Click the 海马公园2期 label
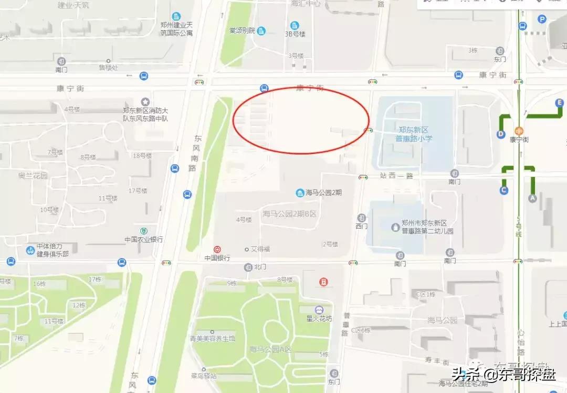[323, 193]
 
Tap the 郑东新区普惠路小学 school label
[414, 135]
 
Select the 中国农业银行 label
[143, 239]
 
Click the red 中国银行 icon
[217, 250]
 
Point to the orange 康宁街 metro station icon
[519, 131]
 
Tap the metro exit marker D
[500, 134]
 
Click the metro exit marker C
[504, 190]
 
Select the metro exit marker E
[560, 103]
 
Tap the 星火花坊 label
[319, 319]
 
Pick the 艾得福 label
[260, 249]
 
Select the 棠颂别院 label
[241, 31]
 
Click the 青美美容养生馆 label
[212, 338]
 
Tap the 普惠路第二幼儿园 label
[427, 227]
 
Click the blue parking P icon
[542, 19]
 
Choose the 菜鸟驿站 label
[204, 376]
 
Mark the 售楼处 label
[109, 67]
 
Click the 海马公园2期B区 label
[289, 214]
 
